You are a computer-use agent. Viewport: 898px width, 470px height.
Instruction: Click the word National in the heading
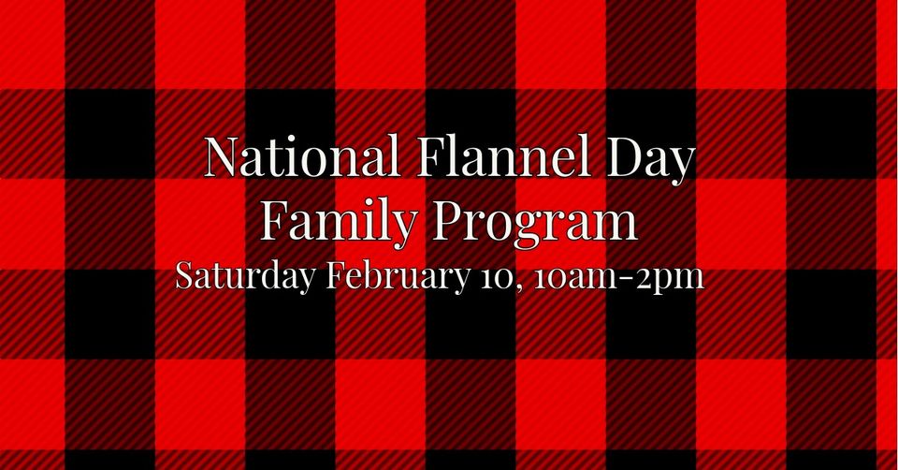(x=302, y=156)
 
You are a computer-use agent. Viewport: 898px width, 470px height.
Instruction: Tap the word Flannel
(x=502, y=156)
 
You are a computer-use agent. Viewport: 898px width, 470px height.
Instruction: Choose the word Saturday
(x=245, y=277)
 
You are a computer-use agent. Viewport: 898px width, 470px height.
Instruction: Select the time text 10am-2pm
(x=618, y=279)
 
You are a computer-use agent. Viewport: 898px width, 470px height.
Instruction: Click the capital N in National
(x=224, y=156)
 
